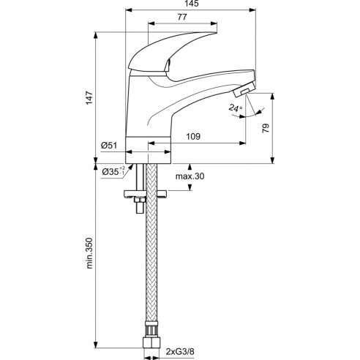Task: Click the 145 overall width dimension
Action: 192,4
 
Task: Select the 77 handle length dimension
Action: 182,17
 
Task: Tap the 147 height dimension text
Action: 89,98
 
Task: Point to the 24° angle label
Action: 236,108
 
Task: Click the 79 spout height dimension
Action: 266,128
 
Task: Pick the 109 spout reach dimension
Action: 193,136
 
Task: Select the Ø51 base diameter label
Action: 109,146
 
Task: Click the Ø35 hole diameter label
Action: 113,171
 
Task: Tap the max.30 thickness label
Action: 190,176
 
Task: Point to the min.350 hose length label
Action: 89,253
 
